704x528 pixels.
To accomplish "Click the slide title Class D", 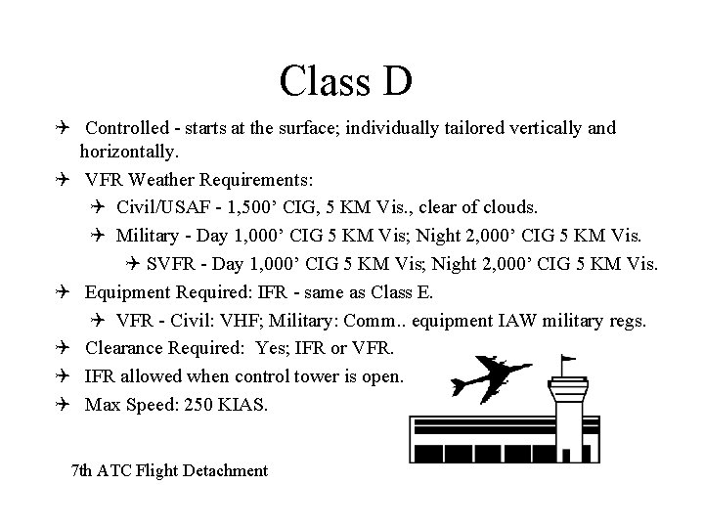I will pos(345,81).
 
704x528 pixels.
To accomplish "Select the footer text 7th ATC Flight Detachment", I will pos(170,471).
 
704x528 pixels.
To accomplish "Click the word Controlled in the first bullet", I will pos(122,128).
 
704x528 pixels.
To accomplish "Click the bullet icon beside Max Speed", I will pos(62,403).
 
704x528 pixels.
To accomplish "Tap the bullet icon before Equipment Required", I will pos(62,291).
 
